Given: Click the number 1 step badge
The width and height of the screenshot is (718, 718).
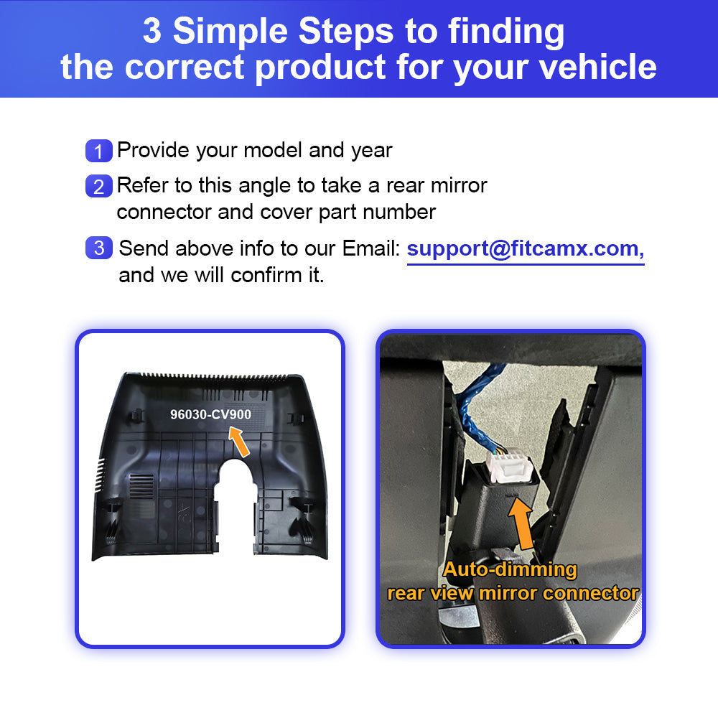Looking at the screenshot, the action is pyautogui.click(x=99, y=151).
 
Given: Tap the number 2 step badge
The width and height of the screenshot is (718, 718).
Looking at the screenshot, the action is pyautogui.click(x=99, y=186).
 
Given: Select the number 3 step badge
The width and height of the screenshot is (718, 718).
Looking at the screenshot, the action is pyautogui.click(x=99, y=248).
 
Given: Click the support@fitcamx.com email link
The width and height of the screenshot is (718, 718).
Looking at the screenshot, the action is pyautogui.click(x=526, y=250).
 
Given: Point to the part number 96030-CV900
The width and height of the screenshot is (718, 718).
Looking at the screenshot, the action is pyautogui.click(x=210, y=414).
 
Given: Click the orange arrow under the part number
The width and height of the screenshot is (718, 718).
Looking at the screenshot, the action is pyautogui.click(x=239, y=442).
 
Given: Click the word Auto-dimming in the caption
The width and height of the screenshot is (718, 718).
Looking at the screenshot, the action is pyautogui.click(x=510, y=569).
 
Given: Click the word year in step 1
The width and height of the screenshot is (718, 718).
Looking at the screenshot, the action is pyautogui.click(x=371, y=151).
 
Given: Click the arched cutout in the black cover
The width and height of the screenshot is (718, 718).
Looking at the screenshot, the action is pyautogui.click(x=236, y=504).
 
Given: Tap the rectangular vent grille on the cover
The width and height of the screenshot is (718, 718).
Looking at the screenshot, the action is pyautogui.click(x=141, y=486).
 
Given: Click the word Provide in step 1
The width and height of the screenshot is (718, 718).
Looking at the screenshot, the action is pyautogui.click(x=153, y=150).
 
